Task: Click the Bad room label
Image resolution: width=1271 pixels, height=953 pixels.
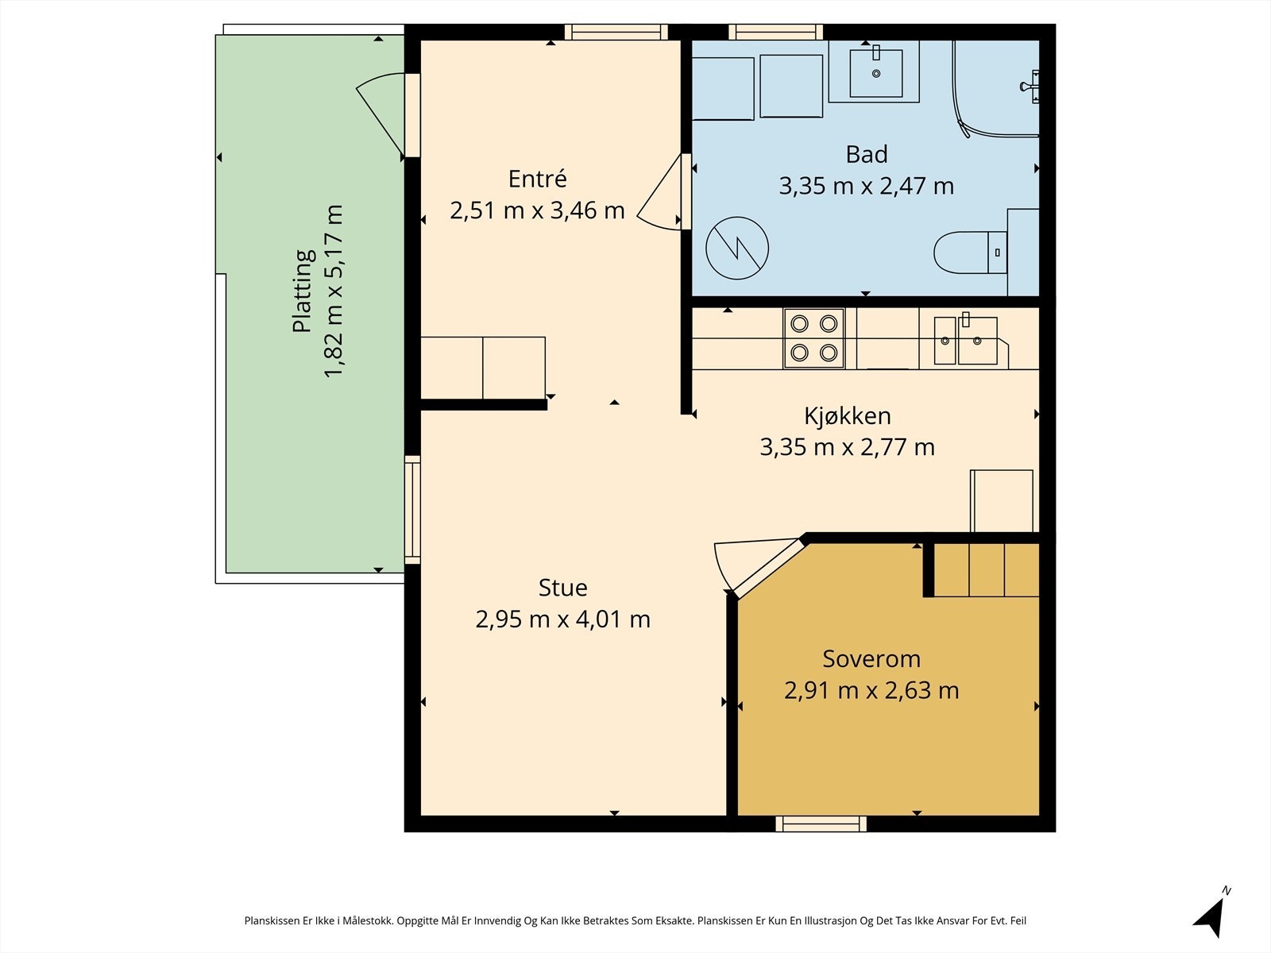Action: [x=866, y=155]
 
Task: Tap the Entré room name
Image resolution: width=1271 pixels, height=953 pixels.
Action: [x=537, y=179]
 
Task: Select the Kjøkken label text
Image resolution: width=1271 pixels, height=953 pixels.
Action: [x=847, y=416]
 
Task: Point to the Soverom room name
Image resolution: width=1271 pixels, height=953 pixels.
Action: [x=871, y=659]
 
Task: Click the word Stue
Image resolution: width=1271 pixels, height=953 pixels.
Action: [x=563, y=588]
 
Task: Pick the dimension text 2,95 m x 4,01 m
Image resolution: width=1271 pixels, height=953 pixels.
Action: [x=563, y=619]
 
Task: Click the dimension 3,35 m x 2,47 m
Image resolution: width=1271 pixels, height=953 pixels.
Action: [x=866, y=187]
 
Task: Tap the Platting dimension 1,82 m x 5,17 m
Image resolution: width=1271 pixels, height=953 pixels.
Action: [x=334, y=291]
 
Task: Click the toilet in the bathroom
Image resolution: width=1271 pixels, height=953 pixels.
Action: [x=971, y=253]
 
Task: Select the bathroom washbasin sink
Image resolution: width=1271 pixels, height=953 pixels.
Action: [x=876, y=73]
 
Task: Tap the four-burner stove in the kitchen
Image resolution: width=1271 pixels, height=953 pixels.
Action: [x=813, y=338]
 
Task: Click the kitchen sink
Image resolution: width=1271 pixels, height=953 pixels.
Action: [x=965, y=340]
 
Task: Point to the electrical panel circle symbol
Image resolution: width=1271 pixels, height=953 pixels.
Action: [x=737, y=249]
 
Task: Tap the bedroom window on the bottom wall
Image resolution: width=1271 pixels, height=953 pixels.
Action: [x=821, y=824]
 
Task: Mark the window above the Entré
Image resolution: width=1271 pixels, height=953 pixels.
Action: [x=616, y=33]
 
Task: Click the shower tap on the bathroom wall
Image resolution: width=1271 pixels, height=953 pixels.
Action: [x=1030, y=87]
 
